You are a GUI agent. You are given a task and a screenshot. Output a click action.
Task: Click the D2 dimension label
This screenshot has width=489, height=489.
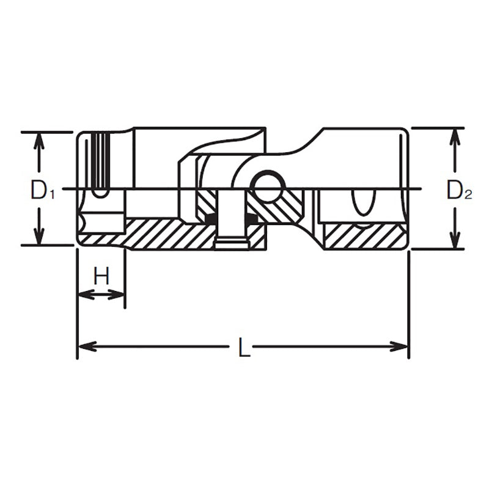[x=458, y=191]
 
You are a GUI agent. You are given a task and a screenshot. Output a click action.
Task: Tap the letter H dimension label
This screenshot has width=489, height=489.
[x=101, y=276]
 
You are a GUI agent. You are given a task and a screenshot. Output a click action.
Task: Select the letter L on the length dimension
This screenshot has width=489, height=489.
[x=243, y=348]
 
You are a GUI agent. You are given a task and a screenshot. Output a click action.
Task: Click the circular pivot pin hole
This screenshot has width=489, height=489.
[x=267, y=187]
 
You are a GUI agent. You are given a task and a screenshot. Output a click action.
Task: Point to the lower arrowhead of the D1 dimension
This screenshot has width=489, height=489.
[x=39, y=238]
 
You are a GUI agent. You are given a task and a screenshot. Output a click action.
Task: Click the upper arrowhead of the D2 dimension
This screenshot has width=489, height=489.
[x=454, y=135]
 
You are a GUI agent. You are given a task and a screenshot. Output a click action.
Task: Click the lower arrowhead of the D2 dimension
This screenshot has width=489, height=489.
[x=454, y=241]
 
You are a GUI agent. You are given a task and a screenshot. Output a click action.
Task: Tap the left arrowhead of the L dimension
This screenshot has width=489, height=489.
[x=84, y=347]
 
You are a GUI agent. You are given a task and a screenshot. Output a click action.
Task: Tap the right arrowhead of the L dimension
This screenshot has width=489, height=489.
[x=401, y=347]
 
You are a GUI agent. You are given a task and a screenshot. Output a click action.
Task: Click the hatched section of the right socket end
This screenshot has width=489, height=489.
[x=364, y=237]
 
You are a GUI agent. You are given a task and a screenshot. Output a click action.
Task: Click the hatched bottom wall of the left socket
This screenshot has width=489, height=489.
[x=165, y=234]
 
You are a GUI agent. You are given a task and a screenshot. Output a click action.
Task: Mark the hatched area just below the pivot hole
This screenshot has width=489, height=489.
[x=275, y=211]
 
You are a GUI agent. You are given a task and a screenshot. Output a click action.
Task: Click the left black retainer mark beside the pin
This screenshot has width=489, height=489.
[x=211, y=218]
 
